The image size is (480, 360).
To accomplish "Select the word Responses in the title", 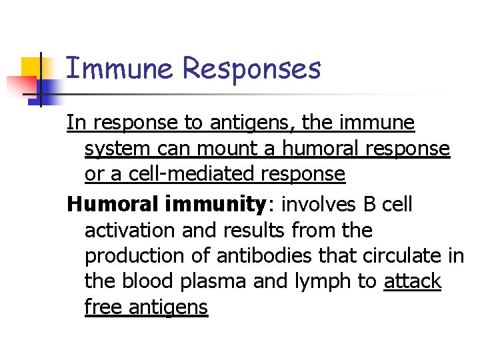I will click(251, 69).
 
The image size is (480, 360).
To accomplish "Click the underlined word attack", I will click(412, 281).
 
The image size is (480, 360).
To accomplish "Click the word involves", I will click(318, 205).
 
